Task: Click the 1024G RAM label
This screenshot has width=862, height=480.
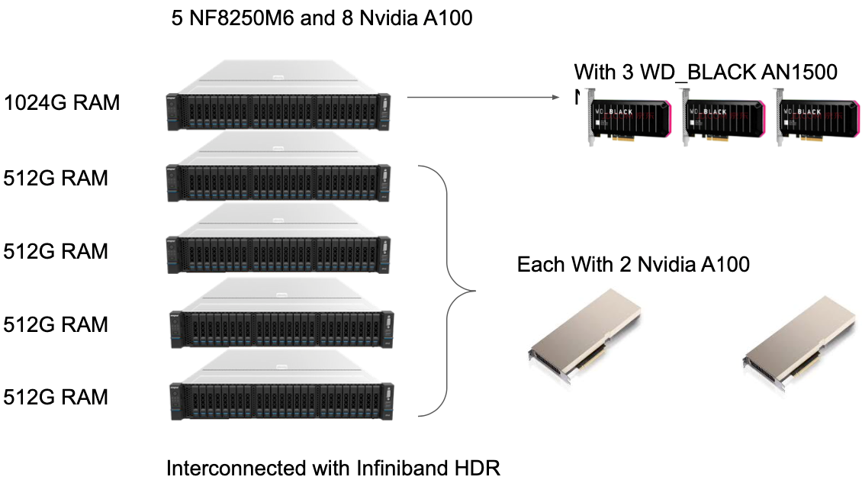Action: (x=62, y=102)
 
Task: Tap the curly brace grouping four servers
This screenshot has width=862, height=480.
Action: (x=450, y=290)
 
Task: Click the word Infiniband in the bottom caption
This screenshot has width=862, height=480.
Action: (x=397, y=467)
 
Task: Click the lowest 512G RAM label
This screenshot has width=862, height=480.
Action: (x=56, y=397)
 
